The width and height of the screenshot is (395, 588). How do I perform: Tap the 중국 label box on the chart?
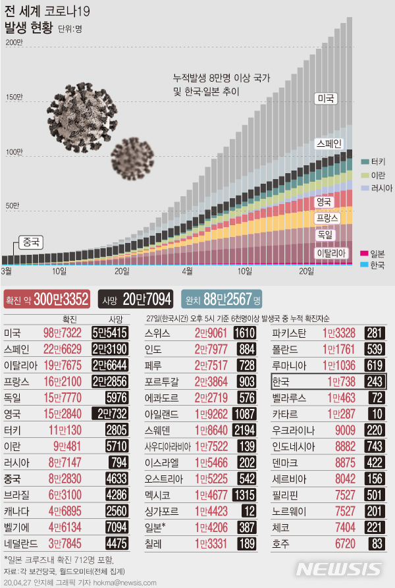tap(28, 242)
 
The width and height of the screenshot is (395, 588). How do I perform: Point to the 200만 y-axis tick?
tap(14, 43)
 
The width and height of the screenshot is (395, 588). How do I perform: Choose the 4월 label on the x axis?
tap(187, 271)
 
